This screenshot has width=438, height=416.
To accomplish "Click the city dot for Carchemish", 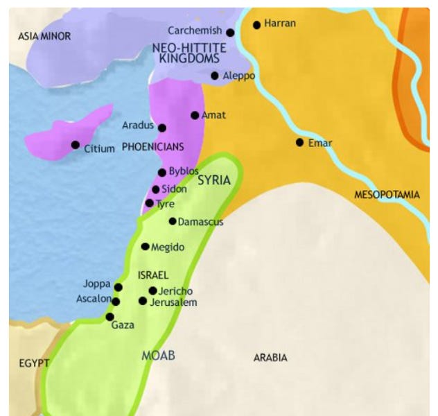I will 230,32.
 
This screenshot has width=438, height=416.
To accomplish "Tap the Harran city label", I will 280,24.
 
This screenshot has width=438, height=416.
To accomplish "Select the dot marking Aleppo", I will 215,76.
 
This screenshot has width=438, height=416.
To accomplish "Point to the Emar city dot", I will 299,142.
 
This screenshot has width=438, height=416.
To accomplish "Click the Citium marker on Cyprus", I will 75,145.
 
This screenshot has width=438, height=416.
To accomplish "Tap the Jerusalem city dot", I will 143,301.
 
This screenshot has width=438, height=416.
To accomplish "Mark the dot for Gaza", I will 109,317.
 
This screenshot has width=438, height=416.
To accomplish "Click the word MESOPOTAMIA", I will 387,195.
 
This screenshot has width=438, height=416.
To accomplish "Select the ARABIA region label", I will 270,358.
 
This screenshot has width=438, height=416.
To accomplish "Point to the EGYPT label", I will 34,363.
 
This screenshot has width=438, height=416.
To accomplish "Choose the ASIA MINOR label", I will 44,35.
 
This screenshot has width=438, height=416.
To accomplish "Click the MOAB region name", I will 158,356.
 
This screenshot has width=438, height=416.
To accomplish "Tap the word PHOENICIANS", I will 152,147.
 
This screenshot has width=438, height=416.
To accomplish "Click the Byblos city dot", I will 162,172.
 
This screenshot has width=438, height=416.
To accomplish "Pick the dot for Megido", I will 145,246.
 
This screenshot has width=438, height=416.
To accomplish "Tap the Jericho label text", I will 175,291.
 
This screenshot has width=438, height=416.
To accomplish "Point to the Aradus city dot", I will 162,128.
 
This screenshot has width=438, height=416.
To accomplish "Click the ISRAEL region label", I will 154,274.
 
